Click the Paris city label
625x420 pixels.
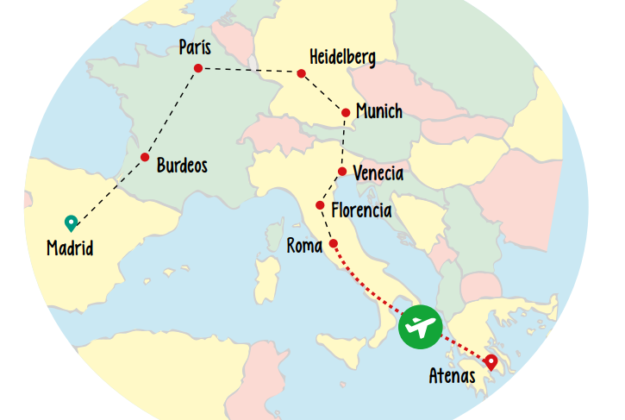[195, 47]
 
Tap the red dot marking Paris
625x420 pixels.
[198, 68]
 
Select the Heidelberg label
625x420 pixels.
[342, 58]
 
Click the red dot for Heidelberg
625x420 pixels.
[301, 73]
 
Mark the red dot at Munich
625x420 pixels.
[346, 112]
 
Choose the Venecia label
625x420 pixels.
[378, 173]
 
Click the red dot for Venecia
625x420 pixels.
[342, 172]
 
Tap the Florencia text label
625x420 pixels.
[361, 210]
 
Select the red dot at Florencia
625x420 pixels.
[320, 205]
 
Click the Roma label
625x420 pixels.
[304, 247]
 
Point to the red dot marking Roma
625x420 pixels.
[333, 243]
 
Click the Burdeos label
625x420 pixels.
[182, 165]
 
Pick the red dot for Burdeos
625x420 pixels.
[145, 157]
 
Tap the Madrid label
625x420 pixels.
[70, 249]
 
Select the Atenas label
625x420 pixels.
[452, 376]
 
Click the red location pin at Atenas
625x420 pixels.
[491, 362]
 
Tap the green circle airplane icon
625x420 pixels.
[420, 328]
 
